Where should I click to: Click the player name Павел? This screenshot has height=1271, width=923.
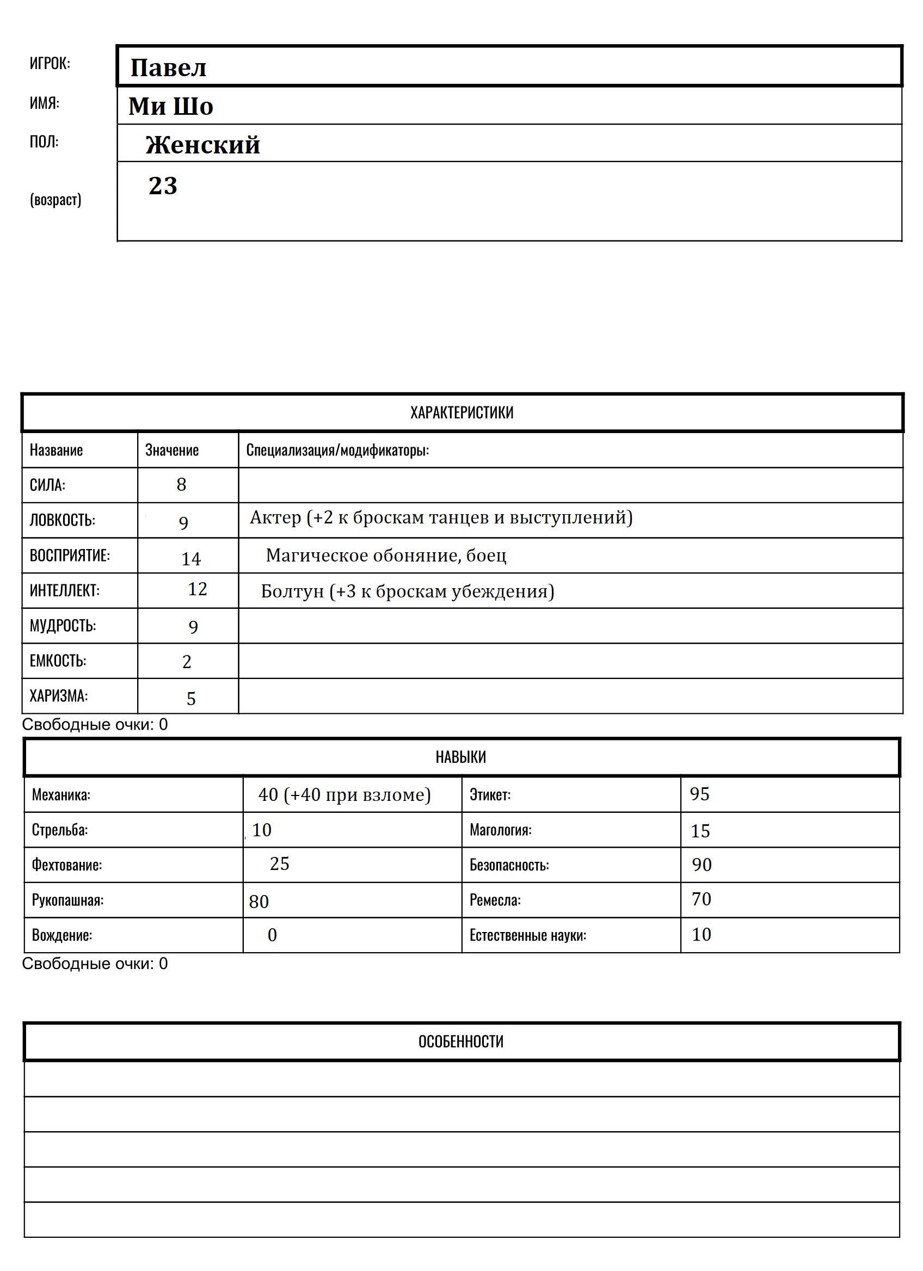point(168,68)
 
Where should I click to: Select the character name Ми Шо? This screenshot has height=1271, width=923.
point(170,107)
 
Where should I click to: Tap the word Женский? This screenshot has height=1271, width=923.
point(202,145)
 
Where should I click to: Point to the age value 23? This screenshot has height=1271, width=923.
point(163,186)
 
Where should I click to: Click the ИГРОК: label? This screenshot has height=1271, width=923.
point(50,63)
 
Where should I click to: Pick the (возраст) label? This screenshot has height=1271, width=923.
point(56,200)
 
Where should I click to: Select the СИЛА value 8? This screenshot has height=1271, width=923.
point(181,485)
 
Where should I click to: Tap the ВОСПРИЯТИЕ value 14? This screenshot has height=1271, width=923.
point(190,559)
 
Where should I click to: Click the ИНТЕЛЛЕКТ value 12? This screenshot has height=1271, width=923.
point(197,589)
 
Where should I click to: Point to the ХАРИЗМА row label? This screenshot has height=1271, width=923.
point(58,696)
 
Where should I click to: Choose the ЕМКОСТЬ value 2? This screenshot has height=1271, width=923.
point(187,662)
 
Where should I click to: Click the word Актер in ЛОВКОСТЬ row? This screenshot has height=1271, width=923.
point(275,517)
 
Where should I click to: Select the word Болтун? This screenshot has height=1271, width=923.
point(292,591)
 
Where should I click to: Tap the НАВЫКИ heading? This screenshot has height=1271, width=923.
point(460,757)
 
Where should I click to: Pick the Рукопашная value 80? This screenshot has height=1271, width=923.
point(259,902)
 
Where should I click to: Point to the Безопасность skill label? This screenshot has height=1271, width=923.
point(509,865)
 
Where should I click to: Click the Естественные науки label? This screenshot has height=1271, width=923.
point(527,935)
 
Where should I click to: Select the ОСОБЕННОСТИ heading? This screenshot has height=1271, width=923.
point(460,1041)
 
